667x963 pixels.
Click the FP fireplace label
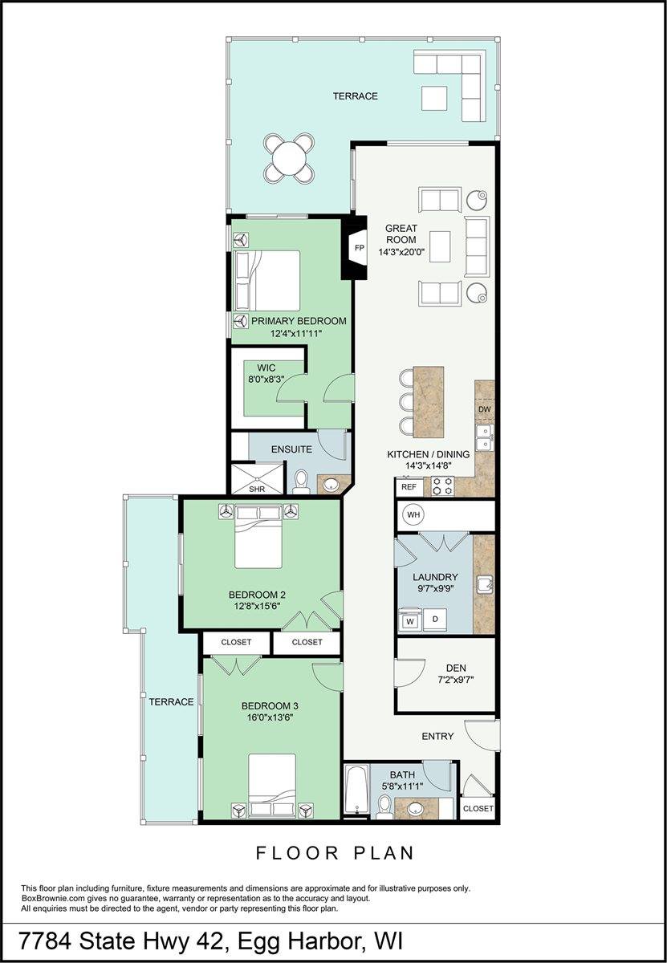pyautogui.click(x=359, y=248)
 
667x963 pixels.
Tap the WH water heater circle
pyautogui.click(x=413, y=514)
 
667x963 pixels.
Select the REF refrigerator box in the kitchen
pyautogui.click(x=409, y=487)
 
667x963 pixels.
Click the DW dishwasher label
pyautogui.click(x=485, y=409)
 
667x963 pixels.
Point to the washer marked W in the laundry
pyautogui.click(x=410, y=620)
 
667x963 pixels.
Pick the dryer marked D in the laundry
pyautogui.click(x=435, y=620)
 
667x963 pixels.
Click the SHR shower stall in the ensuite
pyautogui.click(x=258, y=478)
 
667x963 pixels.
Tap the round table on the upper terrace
pyautogui.click(x=290, y=159)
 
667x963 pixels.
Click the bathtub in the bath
pyautogui.click(x=357, y=789)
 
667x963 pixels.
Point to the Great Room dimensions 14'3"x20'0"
pyautogui.click(x=401, y=252)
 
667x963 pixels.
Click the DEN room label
pyautogui.click(x=456, y=668)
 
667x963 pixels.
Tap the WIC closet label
pyautogui.click(x=266, y=368)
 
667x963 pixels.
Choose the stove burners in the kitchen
pyautogui.click(x=442, y=486)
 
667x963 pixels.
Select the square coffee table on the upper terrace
pyautogui.click(x=434, y=99)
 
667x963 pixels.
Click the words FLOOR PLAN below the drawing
pyautogui.click(x=335, y=853)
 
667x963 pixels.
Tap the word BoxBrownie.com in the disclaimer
pyautogui.click(x=48, y=899)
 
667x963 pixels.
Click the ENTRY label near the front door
pyautogui.click(x=437, y=736)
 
